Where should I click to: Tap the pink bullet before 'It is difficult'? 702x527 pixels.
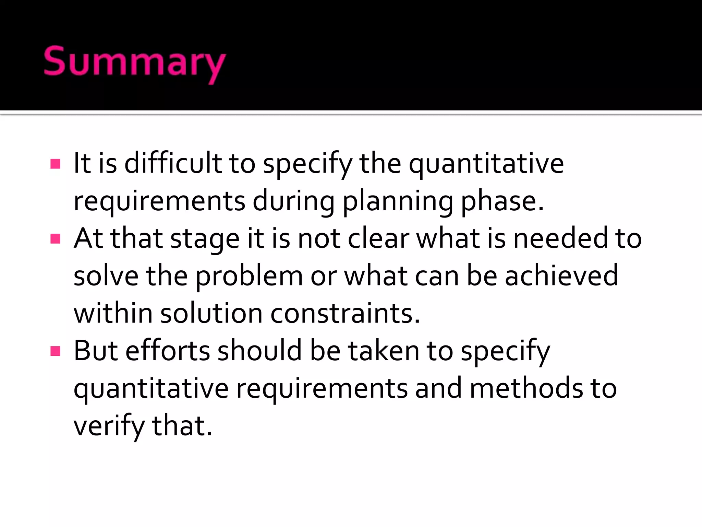(x=55, y=164)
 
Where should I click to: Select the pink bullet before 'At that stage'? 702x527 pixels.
(x=55, y=238)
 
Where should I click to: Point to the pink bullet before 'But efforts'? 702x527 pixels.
(x=55, y=351)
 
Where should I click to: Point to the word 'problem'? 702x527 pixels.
(x=249, y=277)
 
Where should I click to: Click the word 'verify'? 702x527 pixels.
(x=109, y=426)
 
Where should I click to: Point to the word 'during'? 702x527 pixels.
(x=294, y=202)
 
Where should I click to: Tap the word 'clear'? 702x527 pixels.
(x=378, y=238)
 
